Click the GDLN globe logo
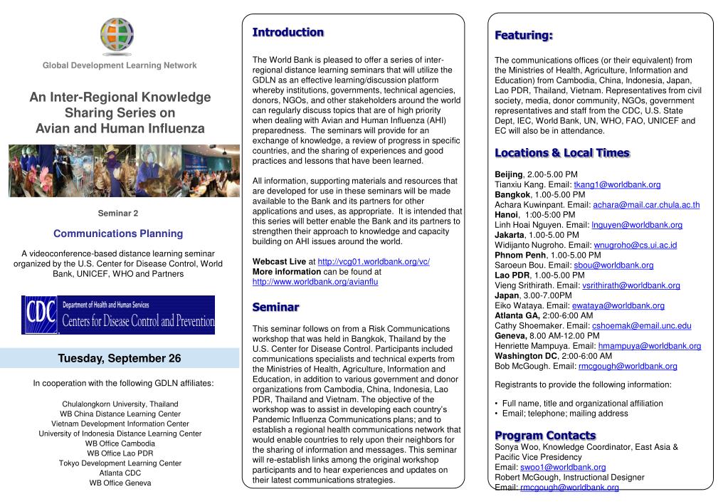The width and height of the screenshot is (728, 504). pyautogui.click(x=117, y=35)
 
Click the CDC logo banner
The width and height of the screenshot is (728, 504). pyautogui.click(x=118, y=314)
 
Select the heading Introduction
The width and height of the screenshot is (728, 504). pyautogui.click(x=287, y=32)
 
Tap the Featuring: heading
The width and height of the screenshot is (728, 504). pyautogui.click(x=524, y=36)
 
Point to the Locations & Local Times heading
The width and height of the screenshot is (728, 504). pyautogui.click(x=561, y=153)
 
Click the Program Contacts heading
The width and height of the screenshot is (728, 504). pyautogui.click(x=545, y=435)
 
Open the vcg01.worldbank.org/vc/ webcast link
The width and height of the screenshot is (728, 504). pyautogui.click(x=374, y=261)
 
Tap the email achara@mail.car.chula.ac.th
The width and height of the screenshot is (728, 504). pyautogui.click(x=646, y=205)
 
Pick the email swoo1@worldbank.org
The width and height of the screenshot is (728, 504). pyautogui.click(x=563, y=467)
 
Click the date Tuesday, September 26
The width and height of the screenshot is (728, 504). pyautogui.click(x=120, y=358)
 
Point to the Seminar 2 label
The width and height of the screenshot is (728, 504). pyautogui.click(x=118, y=214)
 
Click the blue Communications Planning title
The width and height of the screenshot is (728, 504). pyautogui.click(x=118, y=233)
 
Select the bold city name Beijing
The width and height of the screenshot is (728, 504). pyautogui.click(x=508, y=174)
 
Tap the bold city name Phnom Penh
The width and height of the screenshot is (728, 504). pyautogui.click(x=519, y=255)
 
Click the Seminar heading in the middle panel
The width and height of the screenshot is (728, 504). pyautogui.click(x=275, y=307)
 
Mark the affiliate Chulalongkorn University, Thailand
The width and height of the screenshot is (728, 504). pyautogui.click(x=120, y=404)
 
